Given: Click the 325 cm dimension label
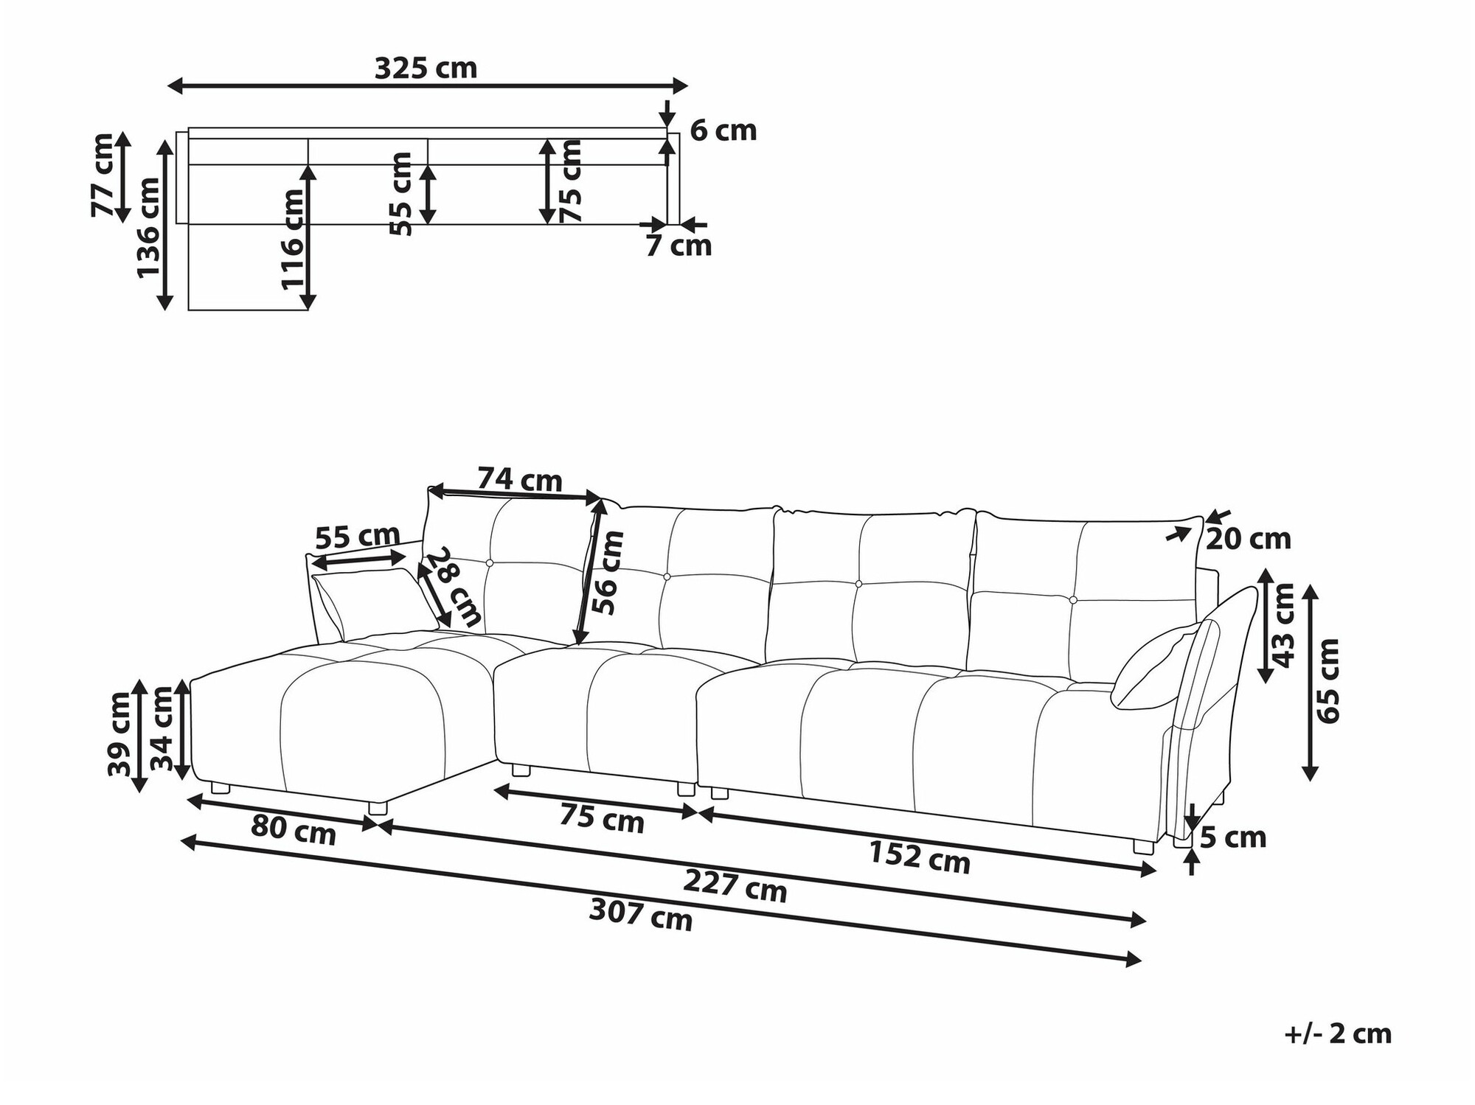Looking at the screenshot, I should [426, 69].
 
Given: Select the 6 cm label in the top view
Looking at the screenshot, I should [723, 131].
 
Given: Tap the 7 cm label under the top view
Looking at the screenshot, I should [678, 245].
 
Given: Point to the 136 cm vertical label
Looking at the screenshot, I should [149, 228].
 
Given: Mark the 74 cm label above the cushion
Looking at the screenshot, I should [519, 480].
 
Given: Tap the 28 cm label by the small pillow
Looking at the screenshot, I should [457, 586].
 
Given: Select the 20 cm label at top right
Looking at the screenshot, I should [1248, 540].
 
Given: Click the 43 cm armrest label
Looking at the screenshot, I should [1284, 625].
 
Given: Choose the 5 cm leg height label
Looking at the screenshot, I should [1233, 838].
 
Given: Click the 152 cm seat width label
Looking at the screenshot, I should [919, 857].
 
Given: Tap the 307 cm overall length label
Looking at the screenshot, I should [641, 916].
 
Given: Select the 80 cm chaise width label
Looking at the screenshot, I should [294, 831].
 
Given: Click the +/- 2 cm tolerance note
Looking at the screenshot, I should [1338, 1034].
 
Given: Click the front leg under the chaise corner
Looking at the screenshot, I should [377, 808].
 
